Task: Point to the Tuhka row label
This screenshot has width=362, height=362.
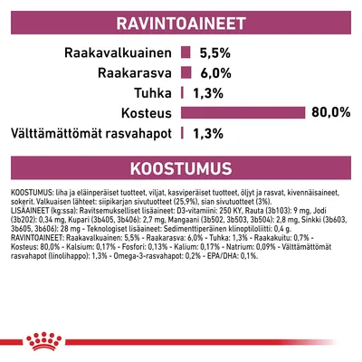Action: tap(153, 92)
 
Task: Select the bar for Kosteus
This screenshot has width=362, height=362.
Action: tap(243, 112)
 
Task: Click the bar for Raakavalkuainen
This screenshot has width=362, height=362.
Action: tap(186, 52)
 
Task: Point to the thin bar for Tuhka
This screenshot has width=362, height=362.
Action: tap(183, 92)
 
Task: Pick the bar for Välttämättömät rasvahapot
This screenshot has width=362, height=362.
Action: tap(183, 132)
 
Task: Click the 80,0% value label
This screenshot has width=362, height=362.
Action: tap(330, 112)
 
